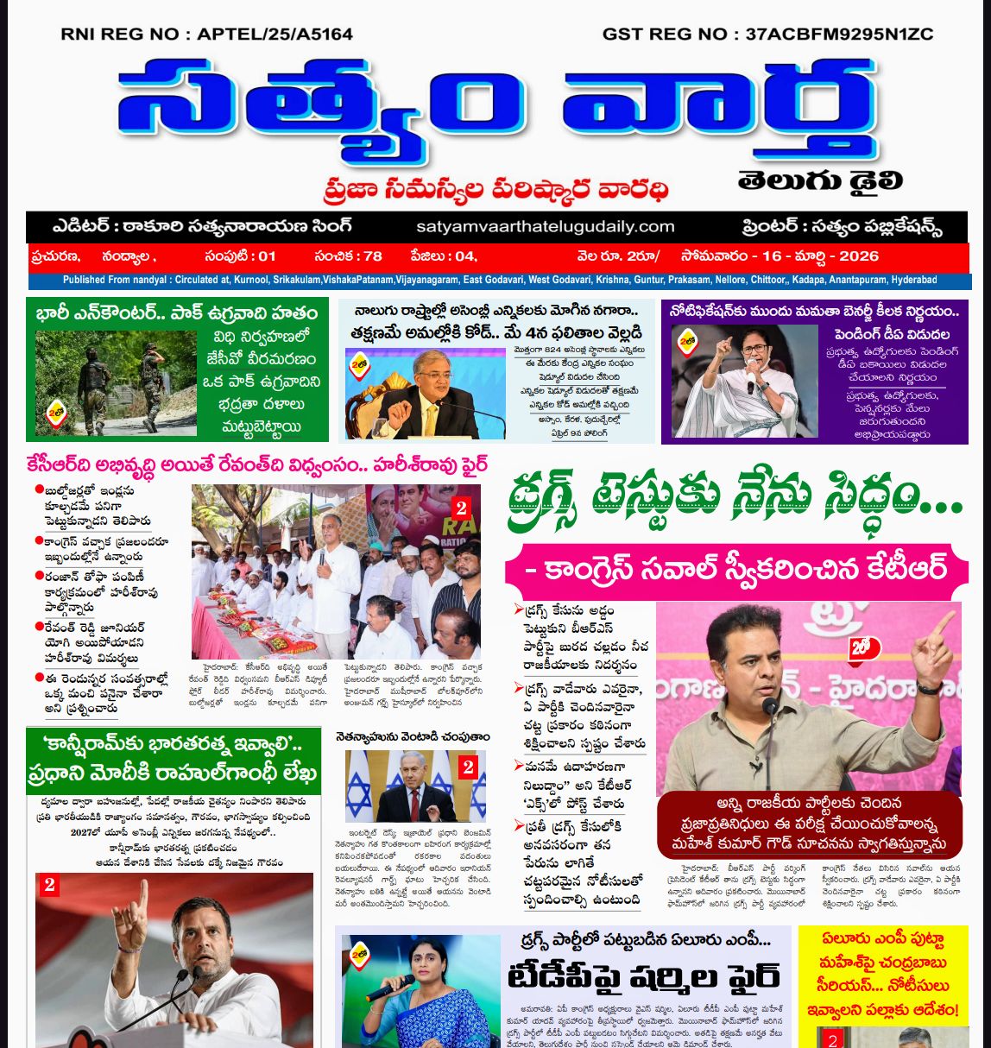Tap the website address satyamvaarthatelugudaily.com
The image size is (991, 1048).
545,227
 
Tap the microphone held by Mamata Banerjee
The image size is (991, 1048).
750,377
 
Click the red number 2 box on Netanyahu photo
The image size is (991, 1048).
468,767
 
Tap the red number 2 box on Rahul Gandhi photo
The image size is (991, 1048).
49,885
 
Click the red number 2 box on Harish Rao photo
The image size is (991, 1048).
461,508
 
